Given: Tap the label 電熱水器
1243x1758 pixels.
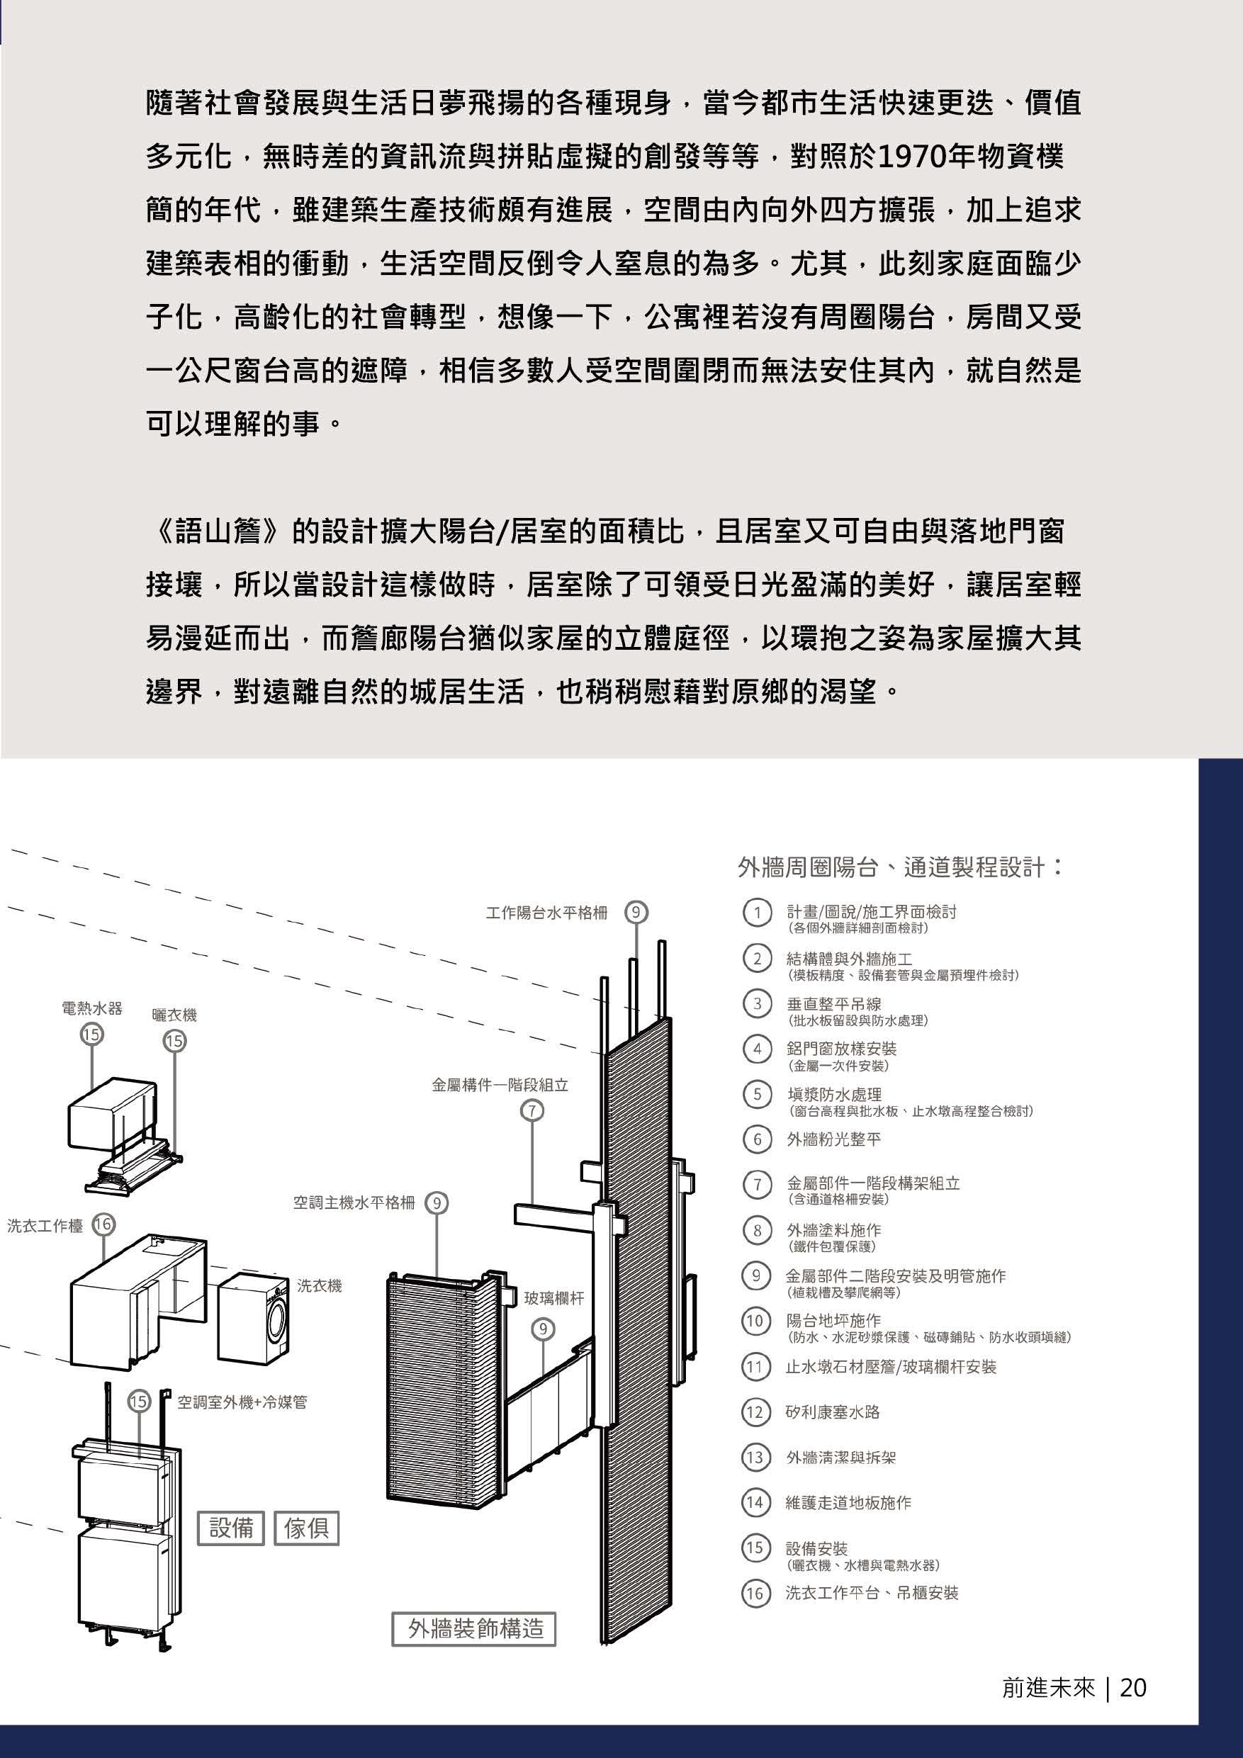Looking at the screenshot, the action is pyautogui.click(x=92, y=1008).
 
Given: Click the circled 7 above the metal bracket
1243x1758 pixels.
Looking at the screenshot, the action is pyautogui.click(x=531, y=1110).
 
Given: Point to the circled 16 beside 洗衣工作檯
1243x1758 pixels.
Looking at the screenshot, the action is pyautogui.click(x=102, y=1224).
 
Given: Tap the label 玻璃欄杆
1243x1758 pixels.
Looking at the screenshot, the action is pyautogui.click(x=553, y=1298).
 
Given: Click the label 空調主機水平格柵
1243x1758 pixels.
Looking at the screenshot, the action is pyautogui.click(x=354, y=1203).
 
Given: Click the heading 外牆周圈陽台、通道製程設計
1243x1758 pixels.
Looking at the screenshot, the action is pyautogui.click(x=899, y=867).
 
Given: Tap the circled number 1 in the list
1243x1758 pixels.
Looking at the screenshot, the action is pyautogui.click(x=757, y=913).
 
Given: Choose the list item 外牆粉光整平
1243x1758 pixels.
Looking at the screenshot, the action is pyautogui.click(x=833, y=1139).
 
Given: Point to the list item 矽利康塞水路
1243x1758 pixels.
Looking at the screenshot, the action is pyautogui.click(x=833, y=1412).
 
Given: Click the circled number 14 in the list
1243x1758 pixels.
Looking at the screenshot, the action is pyautogui.click(x=755, y=1502).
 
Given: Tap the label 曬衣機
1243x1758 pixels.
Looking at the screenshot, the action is pyautogui.click(x=174, y=1015).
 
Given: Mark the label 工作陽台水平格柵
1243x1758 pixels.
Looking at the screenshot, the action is pyautogui.click(x=546, y=913).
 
